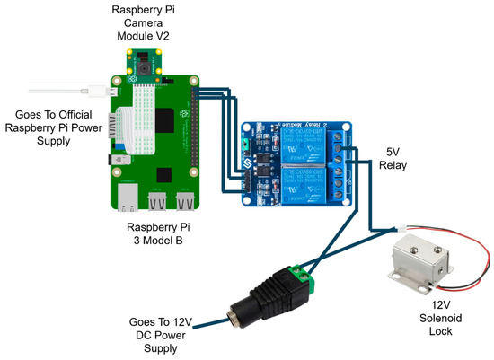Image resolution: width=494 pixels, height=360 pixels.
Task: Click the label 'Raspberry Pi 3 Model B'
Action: click(167, 236)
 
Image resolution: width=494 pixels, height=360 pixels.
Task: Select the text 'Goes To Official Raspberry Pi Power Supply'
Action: click(57, 127)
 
